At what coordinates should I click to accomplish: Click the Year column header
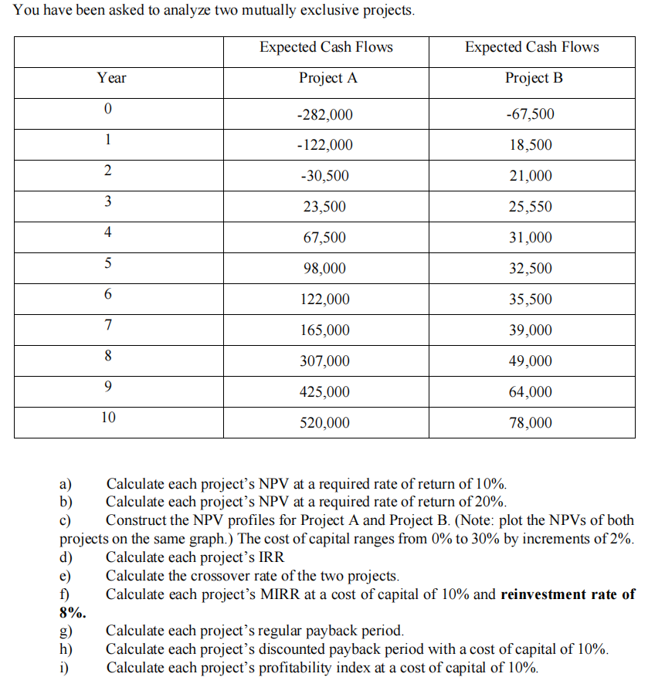click(112, 78)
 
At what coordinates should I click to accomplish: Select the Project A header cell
click(325, 78)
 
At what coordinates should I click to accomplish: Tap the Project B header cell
click(531, 78)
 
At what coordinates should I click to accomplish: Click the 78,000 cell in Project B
click(531, 423)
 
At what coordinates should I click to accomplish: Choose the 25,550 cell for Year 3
click(531, 207)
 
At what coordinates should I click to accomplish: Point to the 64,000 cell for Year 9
click(531, 392)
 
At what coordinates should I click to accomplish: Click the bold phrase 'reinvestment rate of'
click(568, 594)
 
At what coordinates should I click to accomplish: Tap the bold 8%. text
click(73, 613)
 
